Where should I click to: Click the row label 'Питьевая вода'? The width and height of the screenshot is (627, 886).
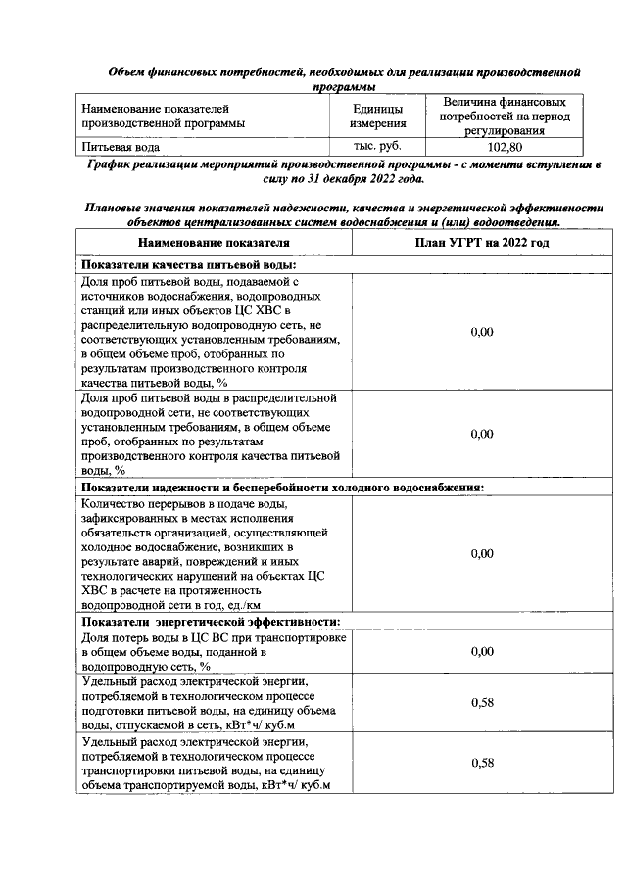tap(121, 147)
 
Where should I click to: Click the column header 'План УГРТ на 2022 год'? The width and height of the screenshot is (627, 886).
tap(481, 243)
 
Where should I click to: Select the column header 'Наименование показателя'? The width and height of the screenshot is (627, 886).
tap(214, 243)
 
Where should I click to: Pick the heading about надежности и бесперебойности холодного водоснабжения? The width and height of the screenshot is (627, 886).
tap(283, 487)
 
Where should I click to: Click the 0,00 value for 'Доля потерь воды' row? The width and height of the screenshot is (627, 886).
tap(481, 651)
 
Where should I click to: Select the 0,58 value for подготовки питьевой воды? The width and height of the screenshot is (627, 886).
tap(481, 703)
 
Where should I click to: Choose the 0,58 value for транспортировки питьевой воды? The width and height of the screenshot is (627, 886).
tap(481, 763)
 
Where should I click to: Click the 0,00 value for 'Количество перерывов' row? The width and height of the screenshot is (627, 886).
tap(481, 553)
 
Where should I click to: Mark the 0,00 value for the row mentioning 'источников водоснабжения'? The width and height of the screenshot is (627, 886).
tap(481, 332)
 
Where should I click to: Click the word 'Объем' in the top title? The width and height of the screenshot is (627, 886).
tap(128, 72)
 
